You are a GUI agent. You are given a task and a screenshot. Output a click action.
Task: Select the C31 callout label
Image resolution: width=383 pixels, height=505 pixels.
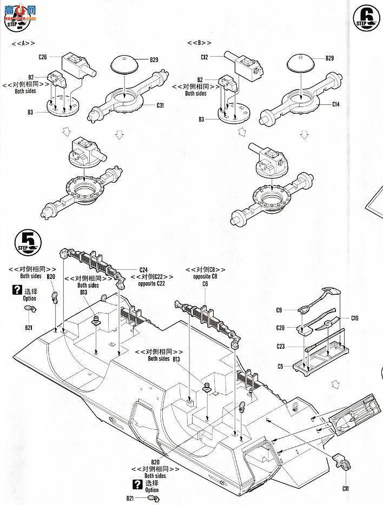[160, 105]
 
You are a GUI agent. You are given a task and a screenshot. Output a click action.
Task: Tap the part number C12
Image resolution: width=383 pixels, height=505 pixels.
[204, 56]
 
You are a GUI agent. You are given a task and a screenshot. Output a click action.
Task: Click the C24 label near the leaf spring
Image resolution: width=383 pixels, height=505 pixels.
[143, 270]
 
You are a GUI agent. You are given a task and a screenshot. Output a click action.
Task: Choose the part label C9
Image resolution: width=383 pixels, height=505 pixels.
[279, 310]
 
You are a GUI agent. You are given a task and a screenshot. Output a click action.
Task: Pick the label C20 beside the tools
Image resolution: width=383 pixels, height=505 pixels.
[280, 328]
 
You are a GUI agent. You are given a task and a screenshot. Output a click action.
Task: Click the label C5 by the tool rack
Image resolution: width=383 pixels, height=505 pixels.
[280, 366]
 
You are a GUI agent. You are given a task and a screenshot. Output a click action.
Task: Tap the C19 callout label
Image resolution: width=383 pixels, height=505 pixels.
[355, 318]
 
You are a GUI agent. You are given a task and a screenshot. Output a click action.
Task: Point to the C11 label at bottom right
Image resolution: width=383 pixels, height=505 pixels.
[345, 488]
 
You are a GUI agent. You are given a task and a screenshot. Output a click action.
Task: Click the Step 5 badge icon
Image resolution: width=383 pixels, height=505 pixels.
[26, 241]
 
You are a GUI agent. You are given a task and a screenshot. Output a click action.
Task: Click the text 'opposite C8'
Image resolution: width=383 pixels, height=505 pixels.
[205, 277]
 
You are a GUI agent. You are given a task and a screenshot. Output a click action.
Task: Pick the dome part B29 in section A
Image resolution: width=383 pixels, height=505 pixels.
[125, 65]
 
